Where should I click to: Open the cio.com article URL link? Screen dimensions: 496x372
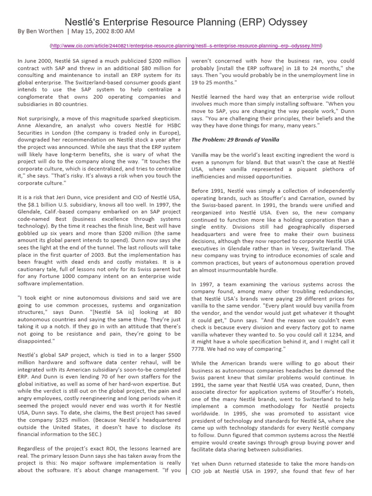(x=186, y=46)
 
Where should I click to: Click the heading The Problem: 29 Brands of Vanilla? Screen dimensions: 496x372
(x=235, y=140)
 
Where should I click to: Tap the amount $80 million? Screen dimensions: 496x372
(x=148, y=69)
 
